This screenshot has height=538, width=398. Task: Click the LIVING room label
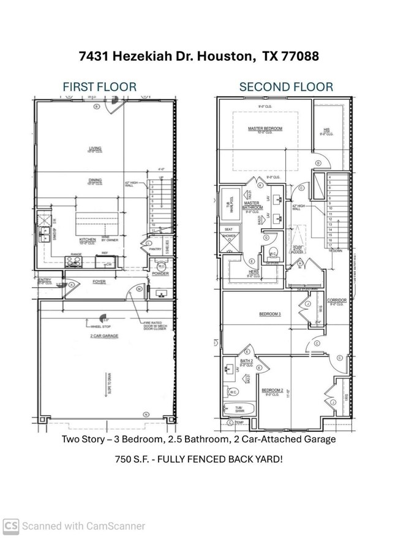pos(95,148)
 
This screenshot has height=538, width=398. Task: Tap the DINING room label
pos(95,180)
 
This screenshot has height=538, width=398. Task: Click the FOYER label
pos(99,283)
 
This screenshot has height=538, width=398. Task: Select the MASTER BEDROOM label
pos(265,129)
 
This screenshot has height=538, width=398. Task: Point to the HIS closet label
pos(326,129)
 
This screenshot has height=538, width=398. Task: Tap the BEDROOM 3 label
pos(269,314)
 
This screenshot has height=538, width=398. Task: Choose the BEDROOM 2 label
pos(272,390)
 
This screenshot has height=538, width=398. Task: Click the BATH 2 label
pos(247,361)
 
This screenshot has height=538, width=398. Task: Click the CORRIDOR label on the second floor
pos(337,300)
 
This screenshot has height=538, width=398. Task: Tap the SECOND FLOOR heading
pos(286,86)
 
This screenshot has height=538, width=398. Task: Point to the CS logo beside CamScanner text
pos(11,526)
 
